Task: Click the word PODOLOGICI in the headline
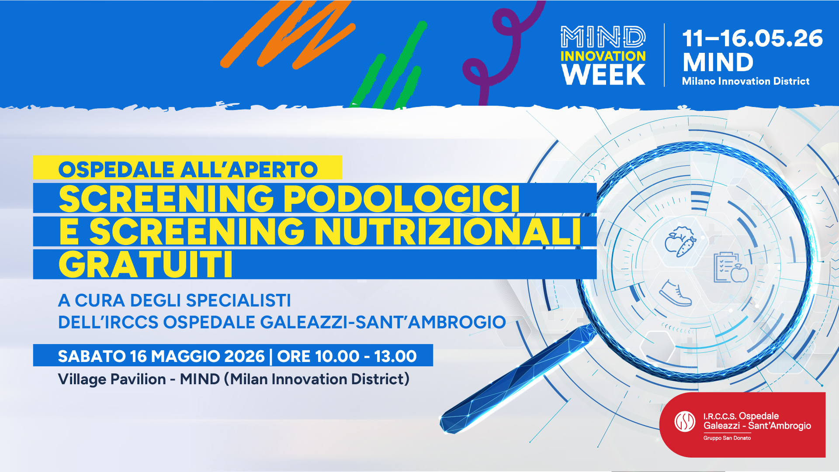tap(402, 199)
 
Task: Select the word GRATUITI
tap(146, 265)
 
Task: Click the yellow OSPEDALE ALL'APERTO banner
tap(187, 168)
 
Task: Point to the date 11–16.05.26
tap(752, 38)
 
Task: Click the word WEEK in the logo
tap(603, 75)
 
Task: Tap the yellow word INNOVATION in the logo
tap(603, 56)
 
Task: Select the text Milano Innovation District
tap(745, 81)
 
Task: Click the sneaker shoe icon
tap(675, 293)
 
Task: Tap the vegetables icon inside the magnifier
tap(680, 241)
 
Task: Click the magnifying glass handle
tap(516, 380)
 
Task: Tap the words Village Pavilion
tap(112, 379)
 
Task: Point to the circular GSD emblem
tap(685, 421)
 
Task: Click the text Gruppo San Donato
tap(727, 438)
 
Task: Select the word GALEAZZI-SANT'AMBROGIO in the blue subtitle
tap(383, 322)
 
